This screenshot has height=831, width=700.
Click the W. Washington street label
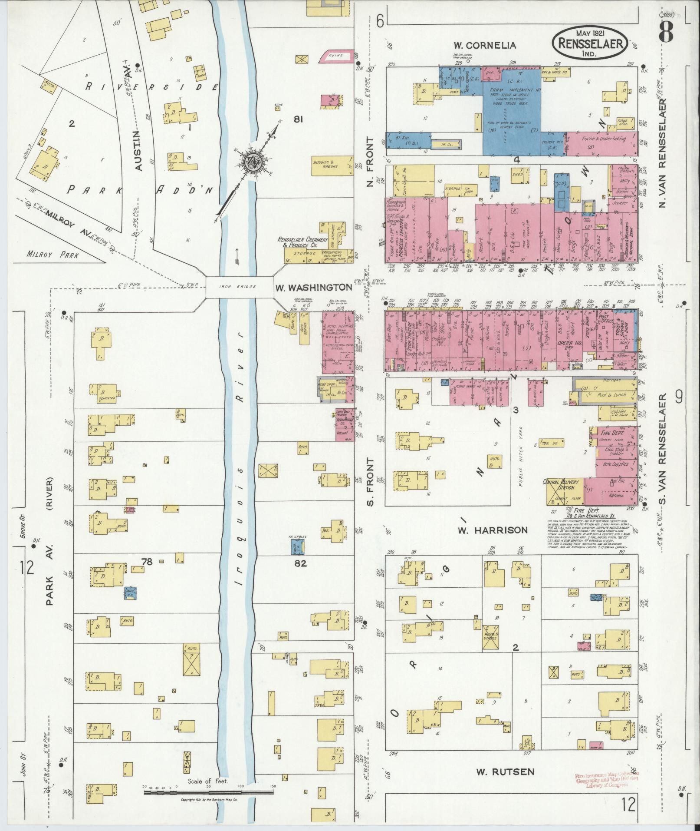[x=313, y=287]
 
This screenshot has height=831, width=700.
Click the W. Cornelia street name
[x=485, y=45]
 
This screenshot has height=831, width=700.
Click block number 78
[x=147, y=562]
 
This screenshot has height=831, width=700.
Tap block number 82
[x=300, y=563]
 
